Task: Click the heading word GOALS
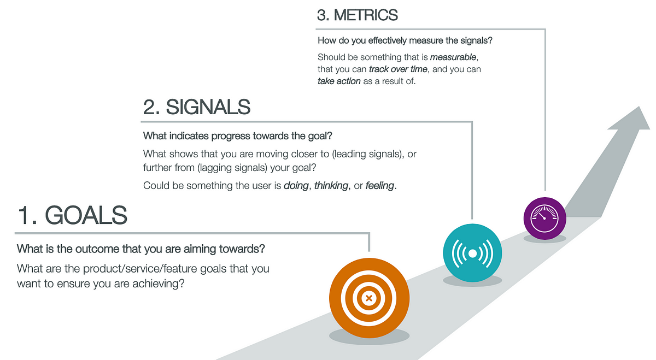(86, 215)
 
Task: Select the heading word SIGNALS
(208, 107)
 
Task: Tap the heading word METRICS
(366, 15)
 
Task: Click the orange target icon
(369, 298)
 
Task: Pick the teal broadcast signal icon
(472, 253)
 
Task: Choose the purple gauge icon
(544, 219)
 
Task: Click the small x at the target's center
(369, 298)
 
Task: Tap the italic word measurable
(453, 57)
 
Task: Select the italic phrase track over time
(398, 69)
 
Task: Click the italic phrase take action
(339, 81)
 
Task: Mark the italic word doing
(296, 186)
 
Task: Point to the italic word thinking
(331, 186)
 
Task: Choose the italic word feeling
(380, 186)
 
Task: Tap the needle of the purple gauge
(541, 215)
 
